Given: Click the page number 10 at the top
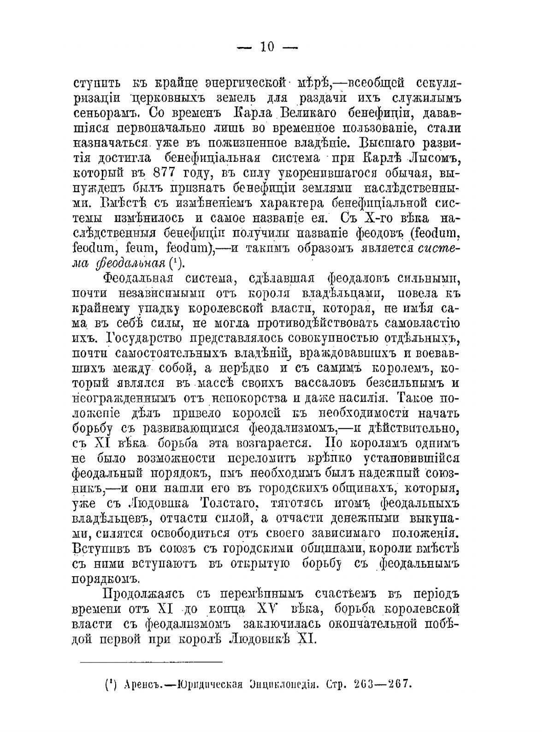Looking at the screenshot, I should click(x=267, y=47).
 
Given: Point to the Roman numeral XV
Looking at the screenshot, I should click(x=266, y=608).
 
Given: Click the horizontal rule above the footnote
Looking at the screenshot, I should click(x=151, y=661).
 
